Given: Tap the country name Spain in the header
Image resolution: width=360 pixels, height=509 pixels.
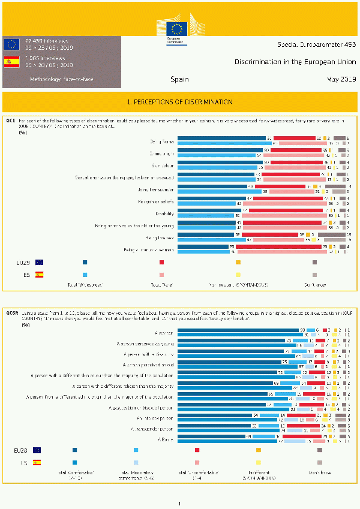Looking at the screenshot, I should tap(179, 79).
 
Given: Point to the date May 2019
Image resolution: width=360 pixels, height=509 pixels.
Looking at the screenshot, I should tap(341, 79).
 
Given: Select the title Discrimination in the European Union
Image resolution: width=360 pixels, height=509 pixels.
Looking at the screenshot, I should tap(295, 62).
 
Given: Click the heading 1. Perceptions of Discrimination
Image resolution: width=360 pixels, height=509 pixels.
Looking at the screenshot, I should tap(180, 102).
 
